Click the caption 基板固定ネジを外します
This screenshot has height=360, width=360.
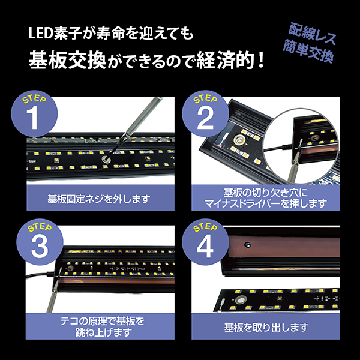pos(98,198)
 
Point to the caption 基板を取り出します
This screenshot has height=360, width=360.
pos(266,328)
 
